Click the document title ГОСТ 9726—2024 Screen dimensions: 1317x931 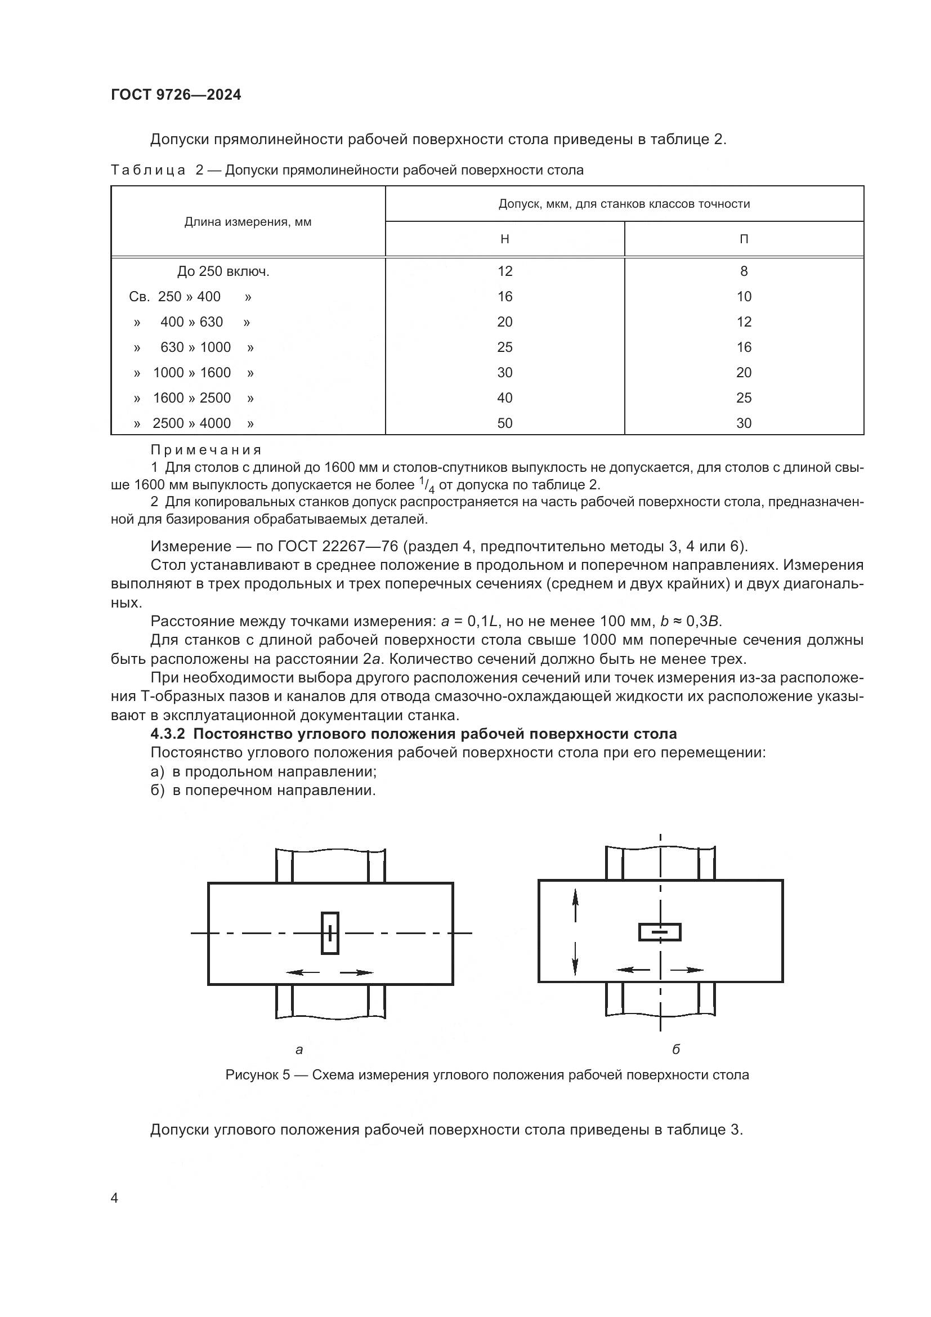click(x=176, y=95)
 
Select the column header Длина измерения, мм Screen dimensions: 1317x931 click(x=248, y=222)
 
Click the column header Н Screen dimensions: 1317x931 click(x=504, y=239)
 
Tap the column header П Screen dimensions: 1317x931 click(x=744, y=239)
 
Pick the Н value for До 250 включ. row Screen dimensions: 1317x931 click(x=504, y=271)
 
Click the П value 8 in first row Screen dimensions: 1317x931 click(x=744, y=271)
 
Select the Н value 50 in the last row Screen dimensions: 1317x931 click(x=504, y=423)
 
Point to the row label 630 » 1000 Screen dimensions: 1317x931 click(x=195, y=347)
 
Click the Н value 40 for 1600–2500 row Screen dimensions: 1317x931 click(x=504, y=398)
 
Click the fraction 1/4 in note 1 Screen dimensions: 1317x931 click(x=427, y=486)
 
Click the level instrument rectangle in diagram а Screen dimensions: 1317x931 click(x=330, y=933)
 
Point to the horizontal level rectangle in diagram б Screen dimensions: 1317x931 click(x=660, y=932)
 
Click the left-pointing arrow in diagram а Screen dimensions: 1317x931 click(x=302, y=972)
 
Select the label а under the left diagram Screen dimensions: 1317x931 click(x=299, y=1050)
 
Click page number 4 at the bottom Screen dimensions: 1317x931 click(x=115, y=1198)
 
